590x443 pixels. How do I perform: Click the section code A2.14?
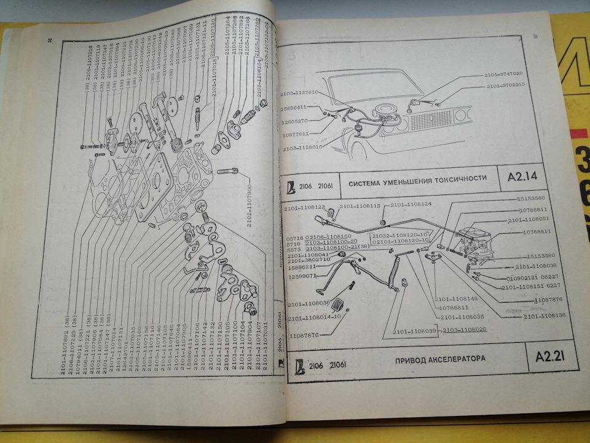tap(522, 179)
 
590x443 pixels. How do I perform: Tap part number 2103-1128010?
tap(302, 148)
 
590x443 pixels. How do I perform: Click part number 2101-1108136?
tap(545, 315)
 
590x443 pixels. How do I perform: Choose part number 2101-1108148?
tap(455, 299)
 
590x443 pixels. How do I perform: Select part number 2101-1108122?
tap(305, 208)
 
